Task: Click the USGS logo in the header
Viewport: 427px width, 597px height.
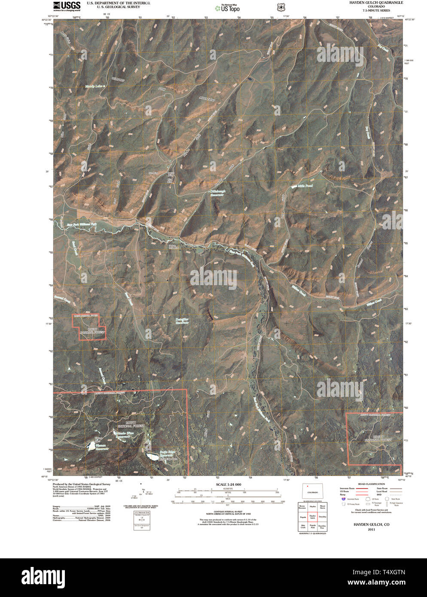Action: tap(67, 5)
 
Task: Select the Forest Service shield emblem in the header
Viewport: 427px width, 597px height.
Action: tap(281, 7)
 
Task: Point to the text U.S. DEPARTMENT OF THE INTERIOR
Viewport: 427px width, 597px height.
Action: tap(118, 3)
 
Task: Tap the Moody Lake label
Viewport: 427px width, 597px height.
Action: tap(94, 86)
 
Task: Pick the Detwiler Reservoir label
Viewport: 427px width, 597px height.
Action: tap(182, 321)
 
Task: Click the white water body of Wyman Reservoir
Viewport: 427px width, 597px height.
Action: tap(91, 447)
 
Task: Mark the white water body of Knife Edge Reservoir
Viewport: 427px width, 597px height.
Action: tap(152, 456)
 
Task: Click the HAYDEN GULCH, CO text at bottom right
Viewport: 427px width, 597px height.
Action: tap(371, 524)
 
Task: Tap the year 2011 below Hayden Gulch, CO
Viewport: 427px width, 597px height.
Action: tap(371, 530)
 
